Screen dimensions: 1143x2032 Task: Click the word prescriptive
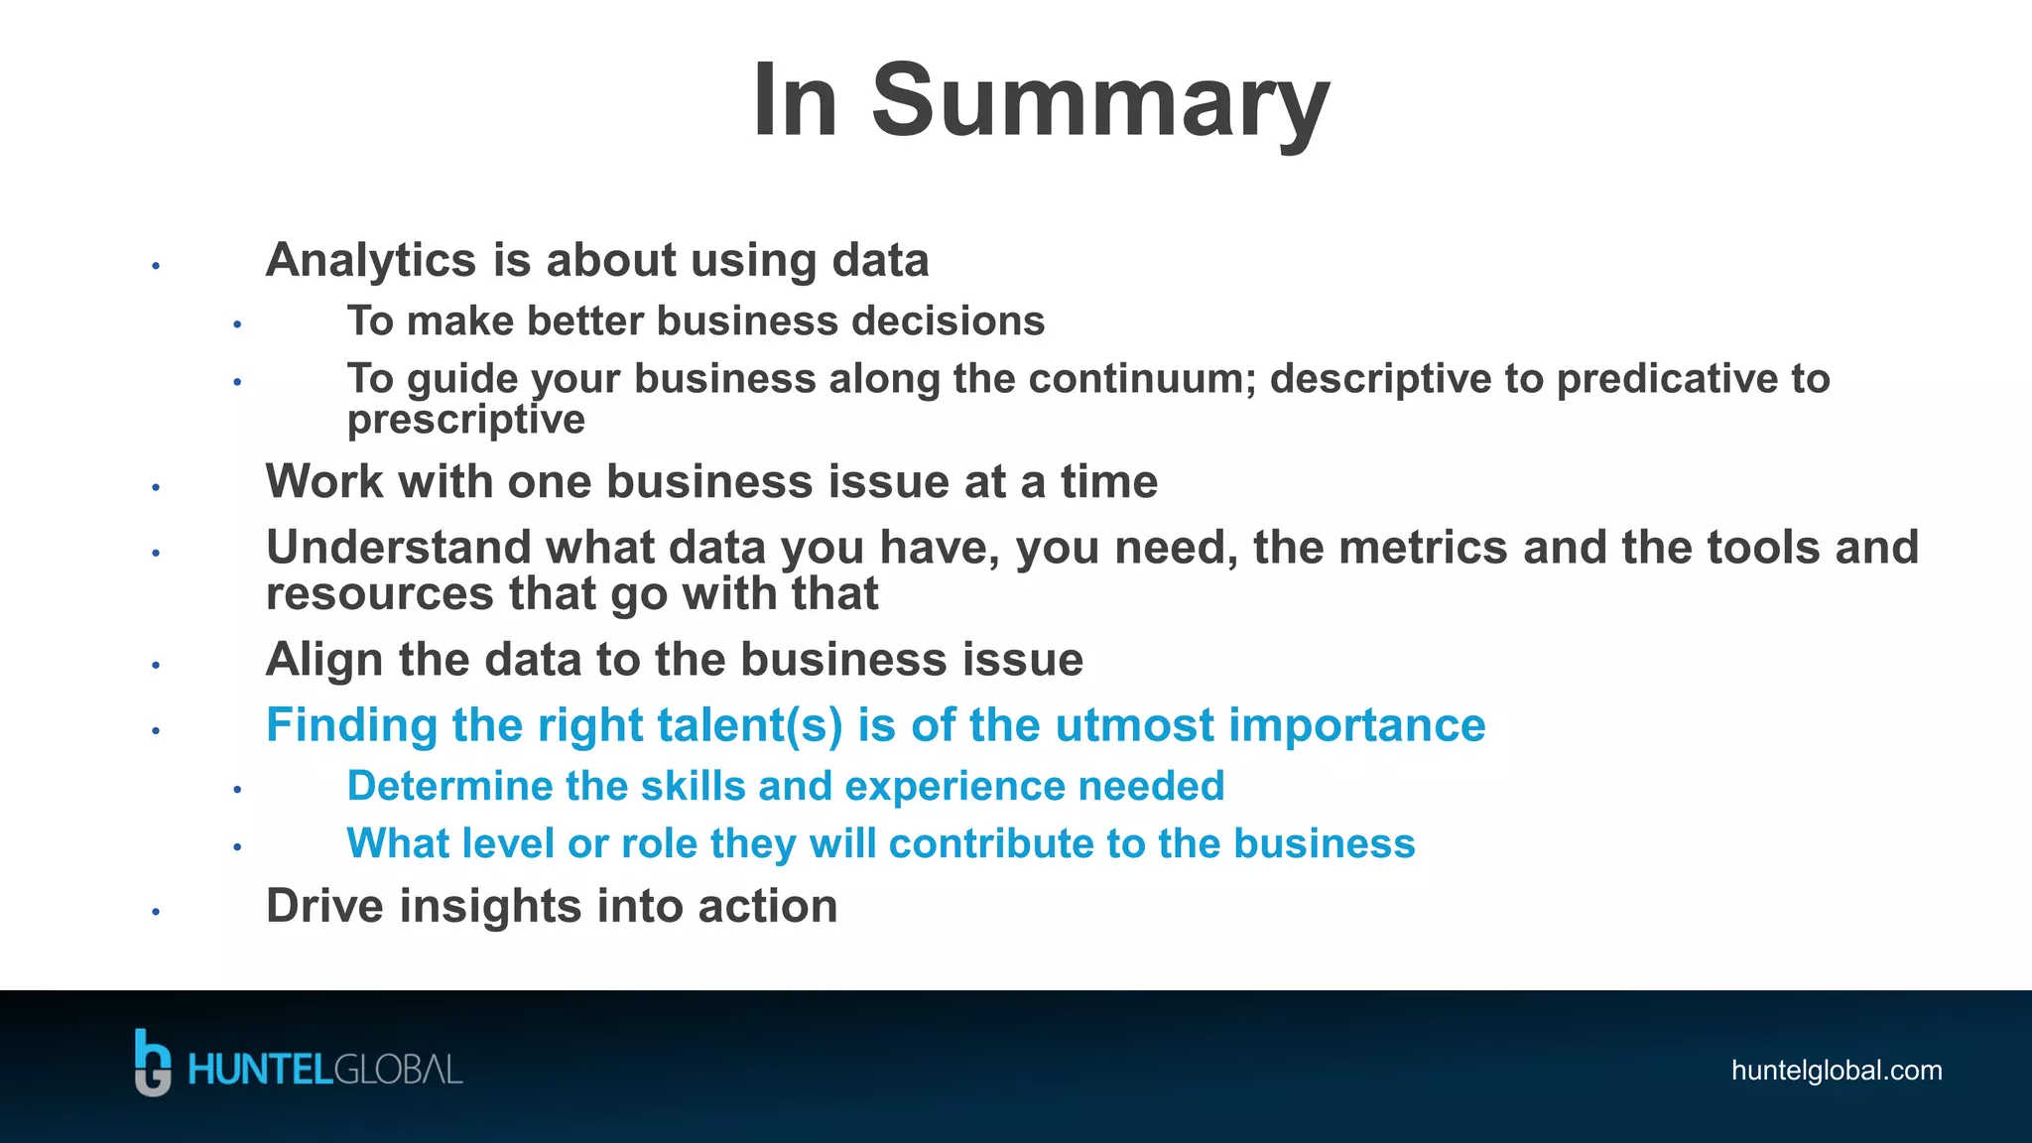pyautogui.click(x=465, y=420)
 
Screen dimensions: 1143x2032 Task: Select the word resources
pyautogui.click(x=379, y=594)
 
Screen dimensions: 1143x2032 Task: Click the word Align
pyautogui.click(x=323, y=660)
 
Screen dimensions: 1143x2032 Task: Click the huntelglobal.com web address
pyautogui.click(x=1836, y=1071)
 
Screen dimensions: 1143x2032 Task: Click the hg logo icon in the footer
pyautogui.click(x=152, y=1063)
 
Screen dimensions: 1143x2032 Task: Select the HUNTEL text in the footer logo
pyautogui.click(x=259, y=1071)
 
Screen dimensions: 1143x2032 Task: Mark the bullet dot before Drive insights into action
pyautogui.click(x=156, y=911)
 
